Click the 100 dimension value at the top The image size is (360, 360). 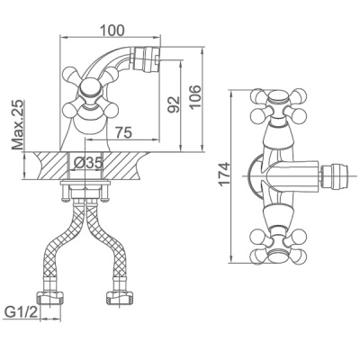click(112, 30)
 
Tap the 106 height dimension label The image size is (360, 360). click(195, 97)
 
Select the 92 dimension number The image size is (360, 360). click(174, 104)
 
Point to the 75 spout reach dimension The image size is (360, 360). click(123, 132)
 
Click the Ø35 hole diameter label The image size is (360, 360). click(88, 163)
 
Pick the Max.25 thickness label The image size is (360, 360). click(17, 125)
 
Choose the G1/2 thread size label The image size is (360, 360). click(21, 313)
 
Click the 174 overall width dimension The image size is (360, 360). click(224, 174)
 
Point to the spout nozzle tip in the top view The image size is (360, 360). click(336, 176)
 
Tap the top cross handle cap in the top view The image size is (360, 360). click(279, 97)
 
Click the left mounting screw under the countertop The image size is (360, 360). click(65, 194)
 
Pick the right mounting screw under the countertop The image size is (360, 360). click(104, 194)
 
